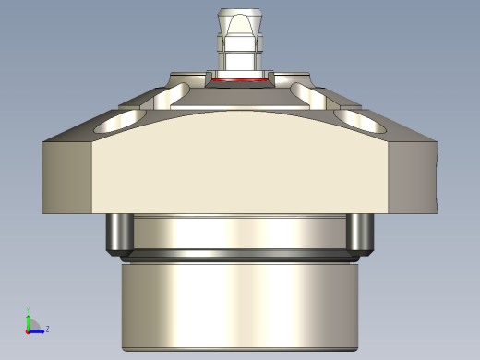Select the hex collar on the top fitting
(239, 43)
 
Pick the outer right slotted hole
(354, 119)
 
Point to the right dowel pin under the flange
(358, 234)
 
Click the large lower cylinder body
(239, 305)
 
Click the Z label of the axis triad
(47, 328)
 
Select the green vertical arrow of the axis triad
(29, 318)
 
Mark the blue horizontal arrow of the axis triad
(37, 330)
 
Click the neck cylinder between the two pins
(239, 232)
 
